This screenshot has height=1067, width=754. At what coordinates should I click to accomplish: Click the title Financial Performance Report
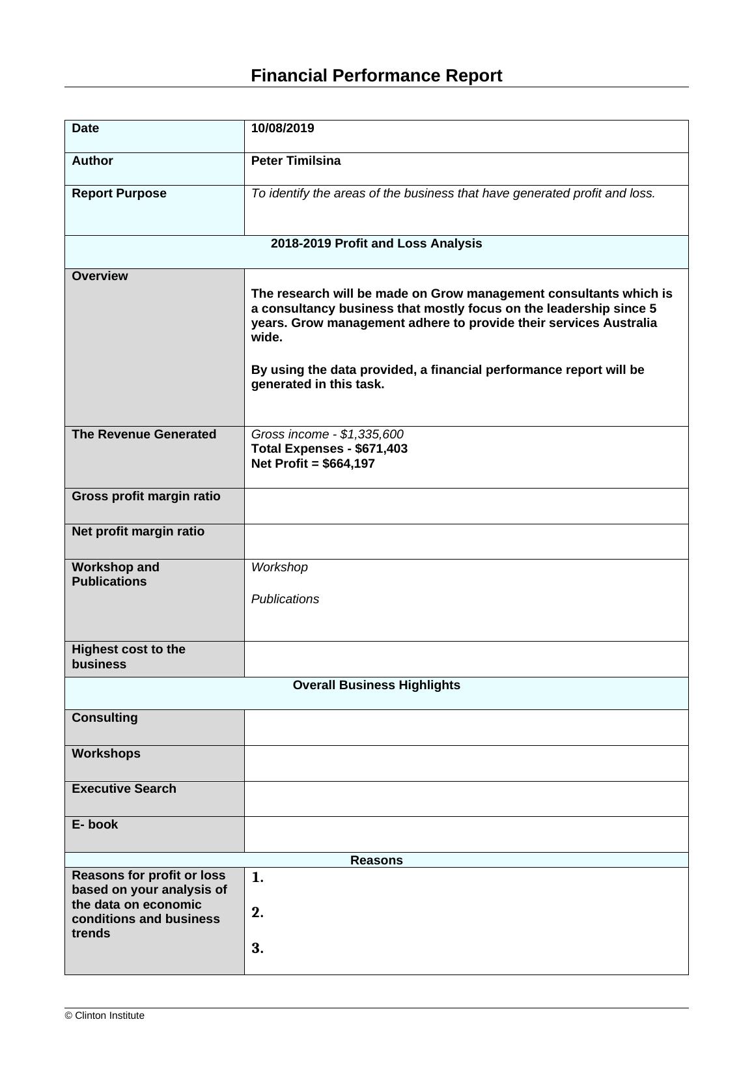coord(376,76)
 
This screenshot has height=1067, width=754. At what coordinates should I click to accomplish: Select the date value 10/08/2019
coord(283,128)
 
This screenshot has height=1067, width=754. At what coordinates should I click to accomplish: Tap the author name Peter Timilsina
coord(296,161)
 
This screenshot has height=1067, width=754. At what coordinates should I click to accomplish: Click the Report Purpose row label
coord(119,193)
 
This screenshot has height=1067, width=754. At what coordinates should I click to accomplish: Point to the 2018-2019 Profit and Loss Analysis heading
coord(376,244)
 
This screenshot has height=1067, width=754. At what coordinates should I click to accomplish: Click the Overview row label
coord(100,276)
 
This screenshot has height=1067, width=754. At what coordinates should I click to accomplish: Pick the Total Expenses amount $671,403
coord(381,449)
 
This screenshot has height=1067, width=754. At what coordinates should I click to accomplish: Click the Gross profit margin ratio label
coord(146,496)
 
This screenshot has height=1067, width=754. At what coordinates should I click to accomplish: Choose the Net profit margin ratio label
coord(138,532)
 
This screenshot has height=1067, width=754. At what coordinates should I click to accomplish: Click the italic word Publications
coord(285,599)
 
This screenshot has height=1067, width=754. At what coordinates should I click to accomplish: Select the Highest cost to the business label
coord(128,657)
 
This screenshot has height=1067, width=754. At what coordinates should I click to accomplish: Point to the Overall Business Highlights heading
coord(376,685)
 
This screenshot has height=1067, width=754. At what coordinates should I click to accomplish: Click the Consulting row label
coord(105,718)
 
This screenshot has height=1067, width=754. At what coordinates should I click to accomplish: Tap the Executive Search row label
coord(124,789)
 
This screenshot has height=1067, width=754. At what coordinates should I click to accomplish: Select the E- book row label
coord(95,825)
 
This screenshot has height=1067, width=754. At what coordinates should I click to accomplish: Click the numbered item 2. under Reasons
coord(258,913)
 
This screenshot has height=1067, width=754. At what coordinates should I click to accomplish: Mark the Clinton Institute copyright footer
coord(105,1016)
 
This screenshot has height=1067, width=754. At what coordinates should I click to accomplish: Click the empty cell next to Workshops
coord(466,763)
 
